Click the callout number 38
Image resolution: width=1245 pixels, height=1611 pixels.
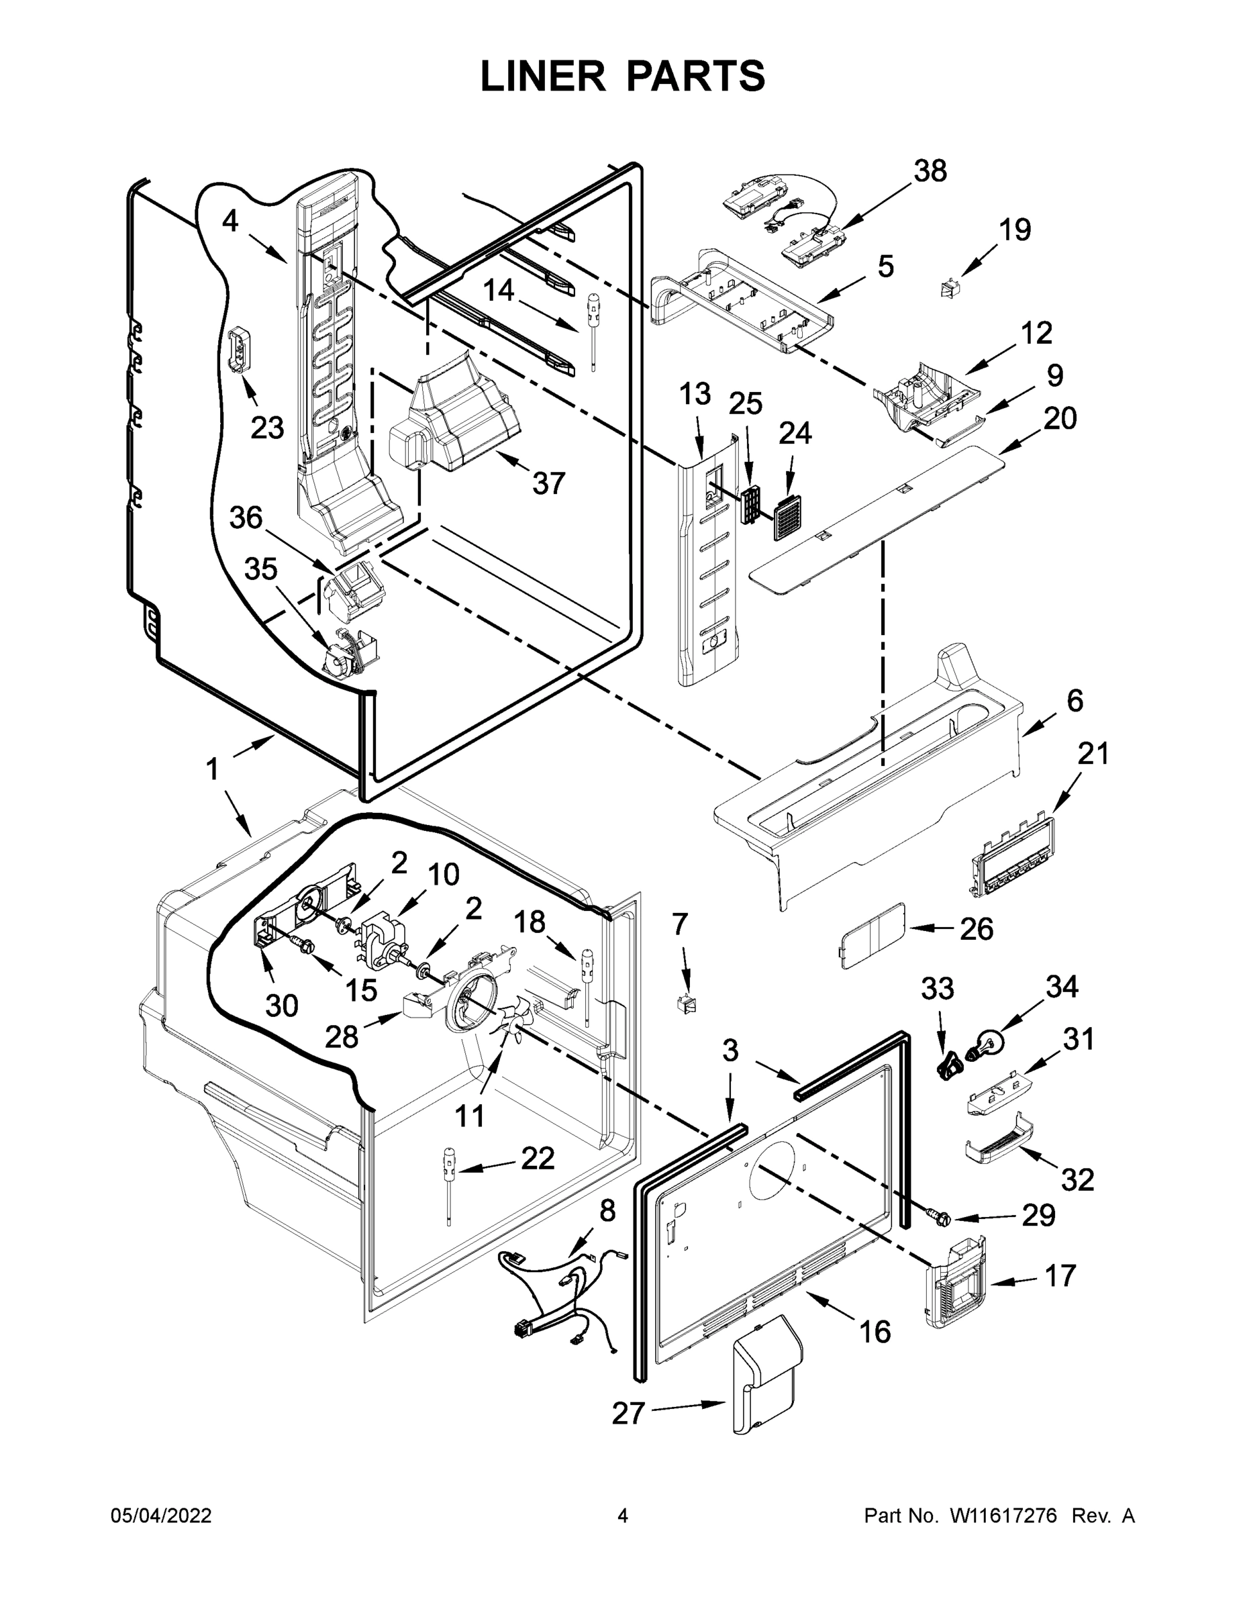(x=930, y=171)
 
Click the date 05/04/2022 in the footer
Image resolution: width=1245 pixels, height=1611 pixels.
(x=161, y=1516)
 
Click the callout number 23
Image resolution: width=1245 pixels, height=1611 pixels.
(x=267, y=427)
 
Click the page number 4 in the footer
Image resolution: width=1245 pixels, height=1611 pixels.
(x=623, y=1516)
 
